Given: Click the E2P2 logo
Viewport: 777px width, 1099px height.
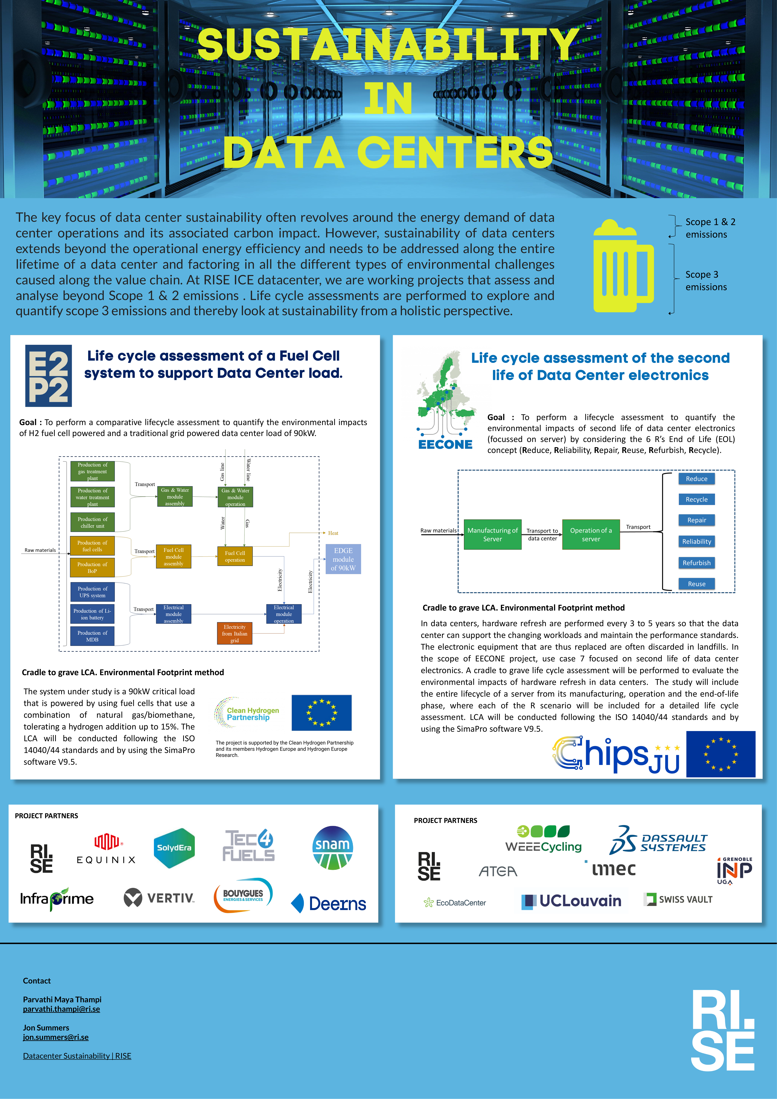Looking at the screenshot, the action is tap(48, 376).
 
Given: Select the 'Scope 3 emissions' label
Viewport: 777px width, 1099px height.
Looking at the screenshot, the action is tap(706, 280).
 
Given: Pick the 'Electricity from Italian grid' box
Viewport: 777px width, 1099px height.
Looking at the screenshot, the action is tap(234, 633).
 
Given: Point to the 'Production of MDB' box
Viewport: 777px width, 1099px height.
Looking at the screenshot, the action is tap(92, 636).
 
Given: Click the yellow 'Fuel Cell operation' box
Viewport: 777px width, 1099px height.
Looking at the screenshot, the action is tap(235, 556).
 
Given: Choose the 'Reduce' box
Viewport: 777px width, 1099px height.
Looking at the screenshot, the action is tap(697, 479).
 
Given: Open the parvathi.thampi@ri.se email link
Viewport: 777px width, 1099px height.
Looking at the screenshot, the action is tap(61, 1009).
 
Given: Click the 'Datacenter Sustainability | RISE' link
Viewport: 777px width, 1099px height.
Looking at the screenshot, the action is tap(77, 1056).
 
